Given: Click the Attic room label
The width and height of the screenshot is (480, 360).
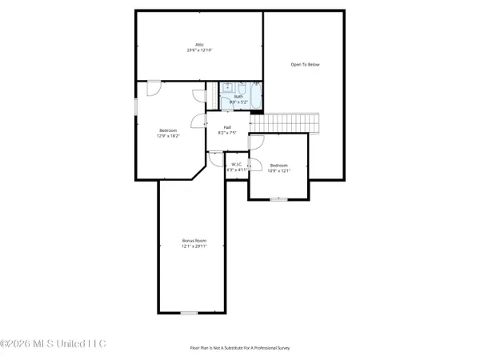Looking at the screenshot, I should pos(199,44).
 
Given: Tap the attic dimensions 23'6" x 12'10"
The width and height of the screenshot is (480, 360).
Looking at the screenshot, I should pos(199,50).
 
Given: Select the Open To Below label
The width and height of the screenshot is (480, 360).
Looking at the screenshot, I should pos(305,64).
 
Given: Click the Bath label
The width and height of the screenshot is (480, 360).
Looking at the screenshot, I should pos(238,97).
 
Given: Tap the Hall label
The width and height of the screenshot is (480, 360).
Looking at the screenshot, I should pos(227,127).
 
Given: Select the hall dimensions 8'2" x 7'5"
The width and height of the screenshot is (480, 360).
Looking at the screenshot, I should pos(227,133).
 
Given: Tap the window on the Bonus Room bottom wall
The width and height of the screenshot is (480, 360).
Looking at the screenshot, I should pos(189,312).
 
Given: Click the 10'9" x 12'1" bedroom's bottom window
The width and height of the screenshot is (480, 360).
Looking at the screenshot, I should pos(278,198).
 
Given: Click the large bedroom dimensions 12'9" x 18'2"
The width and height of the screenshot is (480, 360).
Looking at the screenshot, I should pos(167,135).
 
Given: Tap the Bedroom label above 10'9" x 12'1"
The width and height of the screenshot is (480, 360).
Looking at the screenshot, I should pos(278,164).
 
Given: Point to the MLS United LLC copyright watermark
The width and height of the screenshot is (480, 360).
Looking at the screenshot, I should pos(53,344).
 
